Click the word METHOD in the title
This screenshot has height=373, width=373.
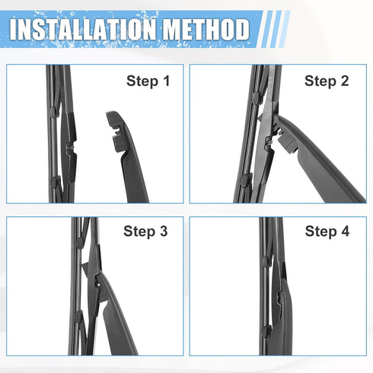pos(202,30)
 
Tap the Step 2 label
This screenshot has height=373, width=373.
pos(327,81)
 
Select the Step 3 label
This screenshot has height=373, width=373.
pos(145,232)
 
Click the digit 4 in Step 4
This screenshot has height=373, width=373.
pos(345,232)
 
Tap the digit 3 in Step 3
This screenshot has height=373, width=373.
pos(163,232)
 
